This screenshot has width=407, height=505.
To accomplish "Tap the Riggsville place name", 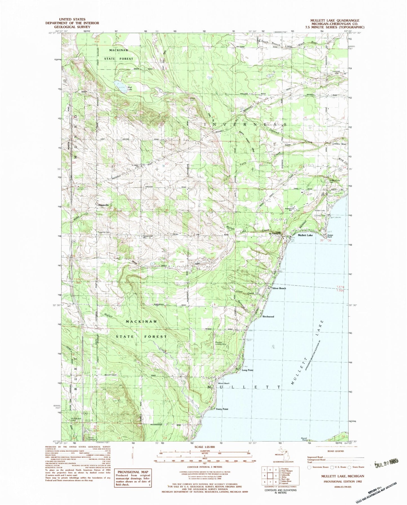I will pos(103,205).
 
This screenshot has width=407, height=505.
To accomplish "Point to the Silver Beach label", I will pos(279,288).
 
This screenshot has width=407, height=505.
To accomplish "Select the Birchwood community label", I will pos(268,316).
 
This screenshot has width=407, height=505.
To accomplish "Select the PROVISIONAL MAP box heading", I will pos(132,472).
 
